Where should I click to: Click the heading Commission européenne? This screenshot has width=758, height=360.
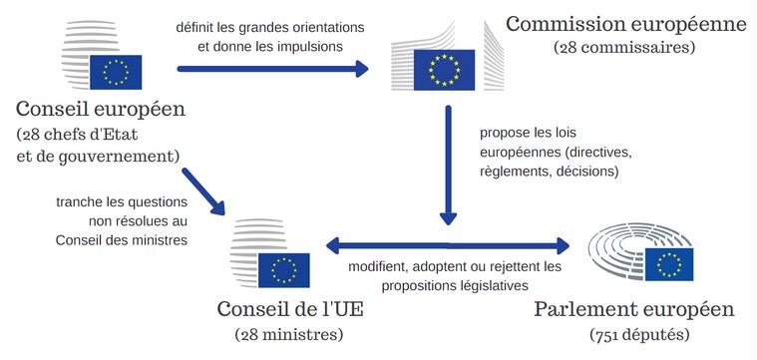[x=625, y=22]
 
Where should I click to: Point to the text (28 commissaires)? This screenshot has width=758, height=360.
[x=625, y=47]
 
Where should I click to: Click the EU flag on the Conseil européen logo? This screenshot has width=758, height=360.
[x=116, y=71]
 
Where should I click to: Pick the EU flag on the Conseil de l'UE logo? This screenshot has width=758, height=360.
[x=284, y=269]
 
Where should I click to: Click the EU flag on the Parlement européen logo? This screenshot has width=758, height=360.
[x=670, y=264]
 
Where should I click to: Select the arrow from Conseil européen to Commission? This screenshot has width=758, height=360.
[x=271, y=70]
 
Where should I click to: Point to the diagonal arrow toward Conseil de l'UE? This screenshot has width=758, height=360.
[x=203, y=190]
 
